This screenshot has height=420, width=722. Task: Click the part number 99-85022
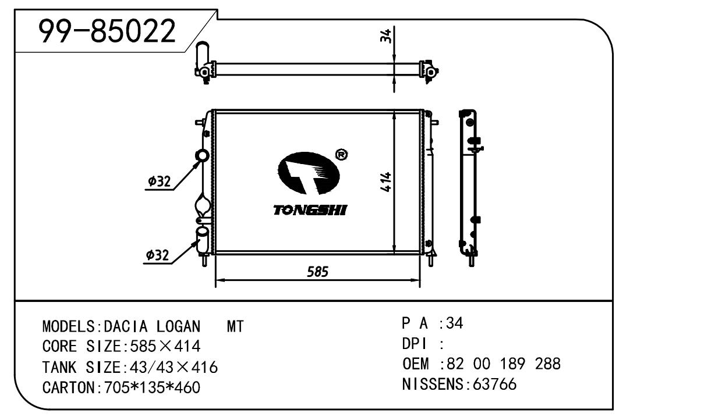point(107,31)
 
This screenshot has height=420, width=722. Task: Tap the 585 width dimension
point(318,271)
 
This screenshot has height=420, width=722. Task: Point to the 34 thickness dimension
point(385,36)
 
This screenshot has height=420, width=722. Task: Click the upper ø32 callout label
point(159,181)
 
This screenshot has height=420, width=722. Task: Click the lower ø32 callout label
point(158,255)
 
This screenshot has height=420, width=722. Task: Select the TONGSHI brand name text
point(310,210)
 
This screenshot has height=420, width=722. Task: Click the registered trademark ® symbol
point(342,154)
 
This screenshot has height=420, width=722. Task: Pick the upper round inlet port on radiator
point(202,156)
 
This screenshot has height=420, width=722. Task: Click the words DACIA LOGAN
point(153,326)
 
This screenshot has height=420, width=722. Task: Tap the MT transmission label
point(235,326)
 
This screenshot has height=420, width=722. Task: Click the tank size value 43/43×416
point(171,367)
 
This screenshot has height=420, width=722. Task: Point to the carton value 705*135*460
point(152,387)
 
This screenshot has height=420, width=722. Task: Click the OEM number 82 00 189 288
point(502,364)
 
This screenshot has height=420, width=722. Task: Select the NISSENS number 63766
point(495,385)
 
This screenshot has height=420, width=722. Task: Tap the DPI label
point(415,344)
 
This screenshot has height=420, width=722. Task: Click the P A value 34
point(455,323)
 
